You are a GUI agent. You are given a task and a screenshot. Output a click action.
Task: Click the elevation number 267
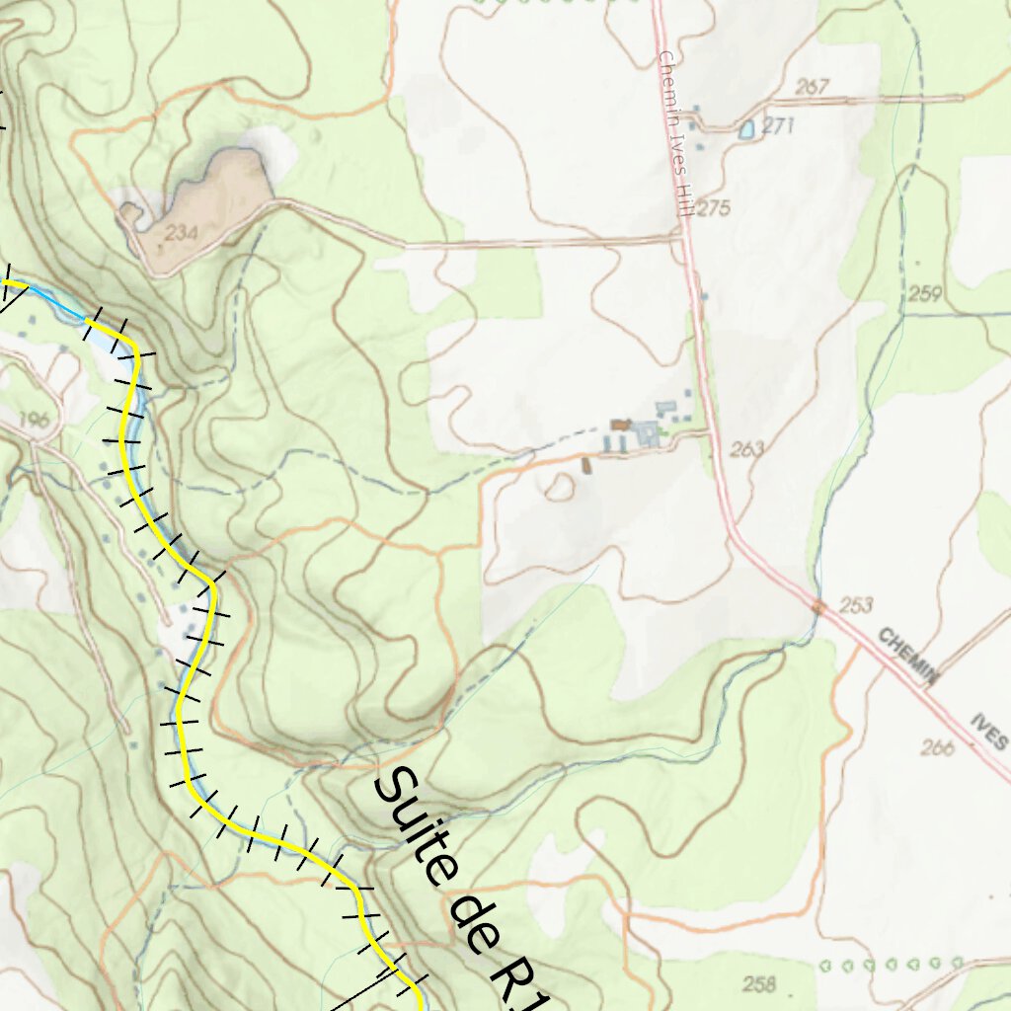tap(812, 87)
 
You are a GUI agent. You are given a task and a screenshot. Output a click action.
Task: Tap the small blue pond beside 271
tap(747, 128)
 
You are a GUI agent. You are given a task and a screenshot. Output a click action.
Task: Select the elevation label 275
tap(712, 208)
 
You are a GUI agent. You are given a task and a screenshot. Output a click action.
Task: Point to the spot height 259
tap(926, 293)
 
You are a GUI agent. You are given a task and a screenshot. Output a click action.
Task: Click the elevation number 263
tap(748, 449)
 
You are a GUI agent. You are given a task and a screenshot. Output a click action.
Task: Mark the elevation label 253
tap(857, 604)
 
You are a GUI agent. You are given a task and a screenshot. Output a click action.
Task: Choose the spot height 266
tap(937, 748)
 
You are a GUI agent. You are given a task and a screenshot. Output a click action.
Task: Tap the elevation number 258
tap(759, 983)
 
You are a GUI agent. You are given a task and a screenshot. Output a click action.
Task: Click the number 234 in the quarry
tap(182, 233)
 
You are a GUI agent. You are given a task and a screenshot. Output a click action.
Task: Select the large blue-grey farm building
tap(646, 432)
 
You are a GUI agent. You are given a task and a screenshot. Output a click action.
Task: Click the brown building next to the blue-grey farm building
tap(620, 425)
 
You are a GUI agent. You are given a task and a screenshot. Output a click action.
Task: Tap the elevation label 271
tap(778, 126)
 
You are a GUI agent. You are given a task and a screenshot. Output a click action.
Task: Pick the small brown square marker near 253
tap(818, 606)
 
